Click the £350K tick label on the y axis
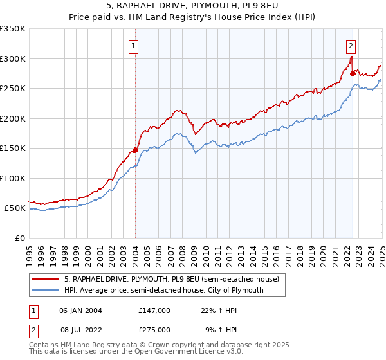13,29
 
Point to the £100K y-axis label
13,178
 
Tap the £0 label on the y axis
20,238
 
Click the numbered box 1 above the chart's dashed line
133,46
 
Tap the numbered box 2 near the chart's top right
351,46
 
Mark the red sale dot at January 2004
135,150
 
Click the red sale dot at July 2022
353,74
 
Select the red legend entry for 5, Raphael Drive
171,279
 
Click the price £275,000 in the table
154,329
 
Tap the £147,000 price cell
154,310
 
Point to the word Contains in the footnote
45,345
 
